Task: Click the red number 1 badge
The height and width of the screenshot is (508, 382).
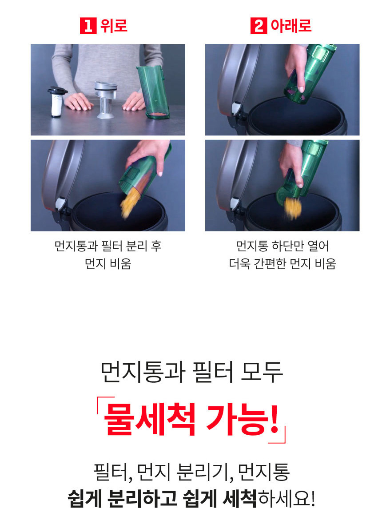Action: coord(88,26)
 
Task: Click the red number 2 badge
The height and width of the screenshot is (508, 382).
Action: coord(258,26)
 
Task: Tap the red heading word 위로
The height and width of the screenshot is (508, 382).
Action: coord(114,26)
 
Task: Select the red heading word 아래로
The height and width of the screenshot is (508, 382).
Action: coord(291,26)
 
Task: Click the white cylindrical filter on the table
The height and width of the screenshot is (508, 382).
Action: coord(57,102)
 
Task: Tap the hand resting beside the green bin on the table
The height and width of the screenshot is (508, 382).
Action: coord(134,101)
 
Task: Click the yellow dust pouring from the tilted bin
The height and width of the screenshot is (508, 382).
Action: coord(130,202)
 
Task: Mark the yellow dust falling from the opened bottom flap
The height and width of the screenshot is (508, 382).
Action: coord(293,207)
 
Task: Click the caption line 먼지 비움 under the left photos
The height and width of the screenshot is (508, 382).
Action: coord(108,263)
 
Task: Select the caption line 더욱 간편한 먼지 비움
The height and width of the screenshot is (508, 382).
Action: coord(282,263)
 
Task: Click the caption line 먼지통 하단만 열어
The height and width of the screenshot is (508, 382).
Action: coord(282,246)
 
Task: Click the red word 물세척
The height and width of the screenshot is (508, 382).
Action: coord(149,419)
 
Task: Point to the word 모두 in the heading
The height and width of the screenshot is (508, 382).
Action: coord(262,372)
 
